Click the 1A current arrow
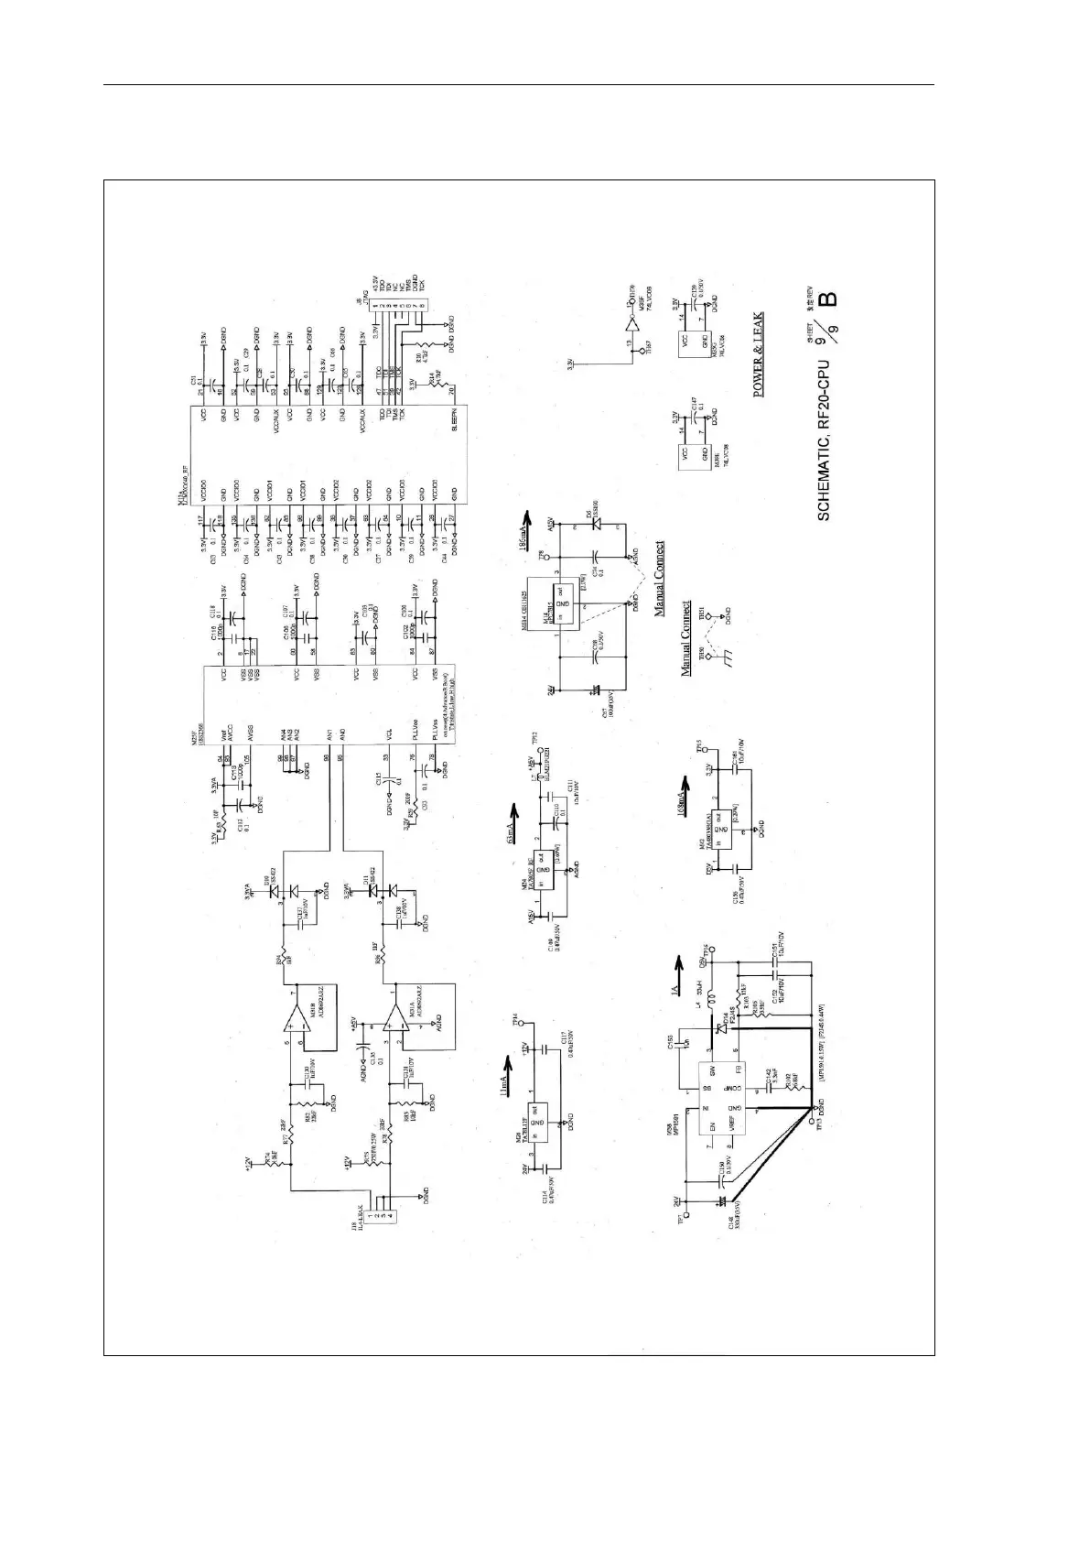(x=678, y=964)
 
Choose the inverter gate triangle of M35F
(x=630, y=326)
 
